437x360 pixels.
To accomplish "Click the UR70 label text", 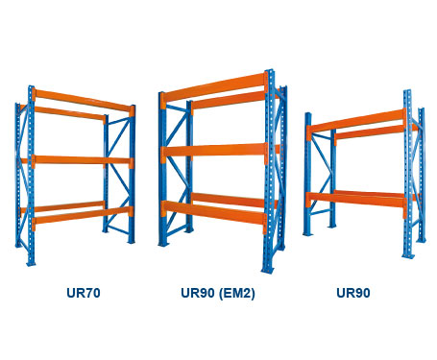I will coord(78,293).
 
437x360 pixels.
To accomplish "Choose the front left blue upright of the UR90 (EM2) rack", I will coord(163,173).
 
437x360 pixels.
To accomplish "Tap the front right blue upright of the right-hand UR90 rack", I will coord(408,178).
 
